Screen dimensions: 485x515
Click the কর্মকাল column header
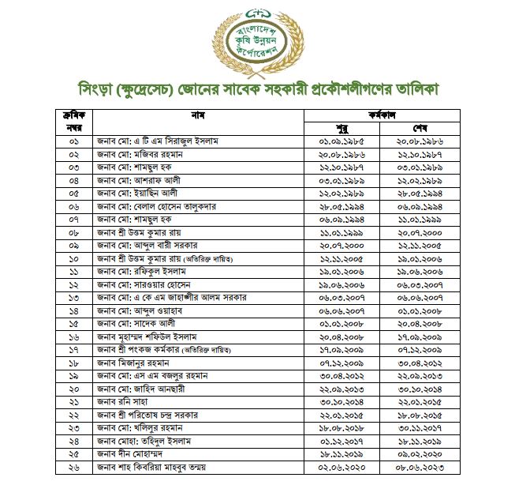[383, 115]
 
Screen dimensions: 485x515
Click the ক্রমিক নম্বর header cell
[73, 122]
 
